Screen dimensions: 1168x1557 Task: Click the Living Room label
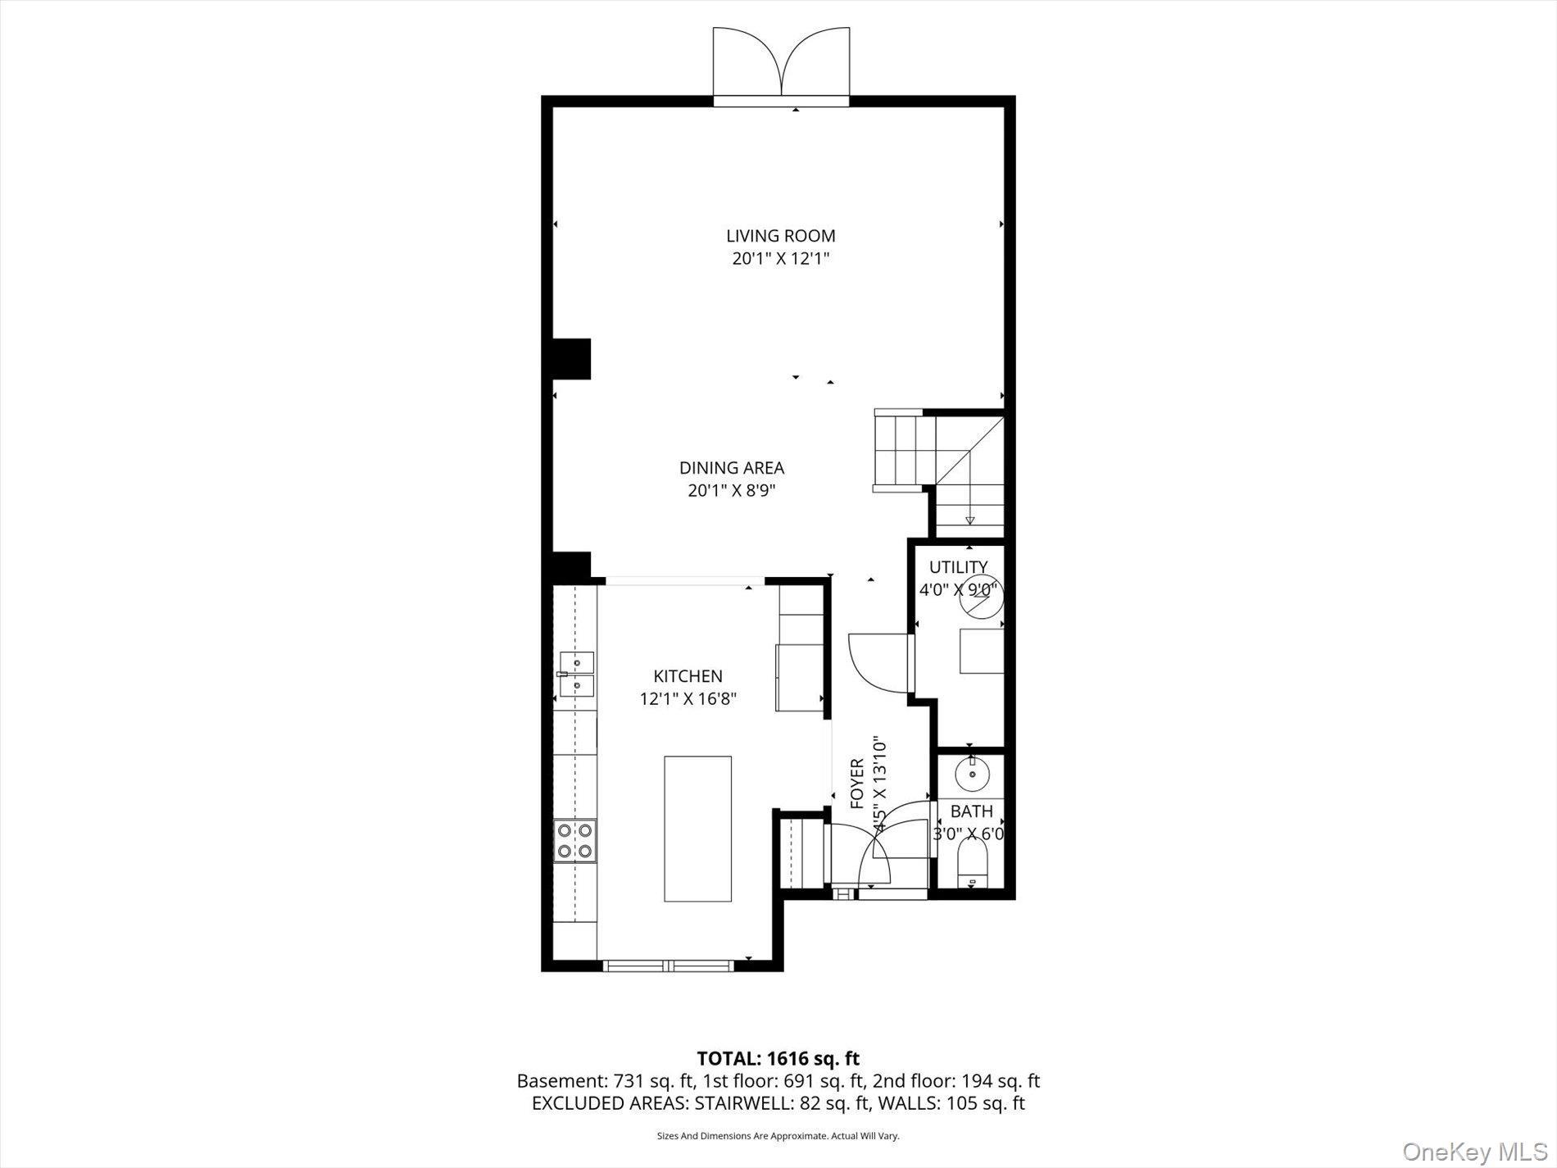[x=780, y=236]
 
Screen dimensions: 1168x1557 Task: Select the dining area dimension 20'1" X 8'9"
[x=731, y=491]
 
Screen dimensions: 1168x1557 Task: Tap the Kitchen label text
[x=688, y=676]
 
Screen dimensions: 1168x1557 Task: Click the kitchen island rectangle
[x=697, y=829]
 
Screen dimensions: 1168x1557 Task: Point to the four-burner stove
[x=574, y=841]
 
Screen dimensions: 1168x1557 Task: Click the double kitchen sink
[x=576, y=674]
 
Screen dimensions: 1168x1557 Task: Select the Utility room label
[x=958, y=567]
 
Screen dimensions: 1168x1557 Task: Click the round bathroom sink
[x=973, y=773]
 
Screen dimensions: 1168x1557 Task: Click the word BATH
[x=971, y=811]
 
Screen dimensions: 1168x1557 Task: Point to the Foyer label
[x=857, y=784]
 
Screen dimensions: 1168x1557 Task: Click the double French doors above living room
[x=781, y=64]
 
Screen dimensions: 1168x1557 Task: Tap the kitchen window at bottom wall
[x=669, y=966]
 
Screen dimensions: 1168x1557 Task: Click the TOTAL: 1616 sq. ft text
[x=778, y=1058]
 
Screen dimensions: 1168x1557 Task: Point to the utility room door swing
[x=877, y=662]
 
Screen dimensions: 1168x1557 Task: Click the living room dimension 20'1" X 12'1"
[x=780, y=259]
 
